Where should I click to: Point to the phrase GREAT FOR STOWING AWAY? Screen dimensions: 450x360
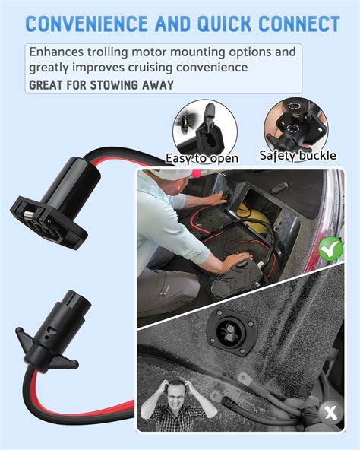pos(101,84)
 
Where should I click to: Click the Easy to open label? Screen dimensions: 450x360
pos(202,158)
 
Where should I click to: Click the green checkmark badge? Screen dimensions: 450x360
pos(329,270)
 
